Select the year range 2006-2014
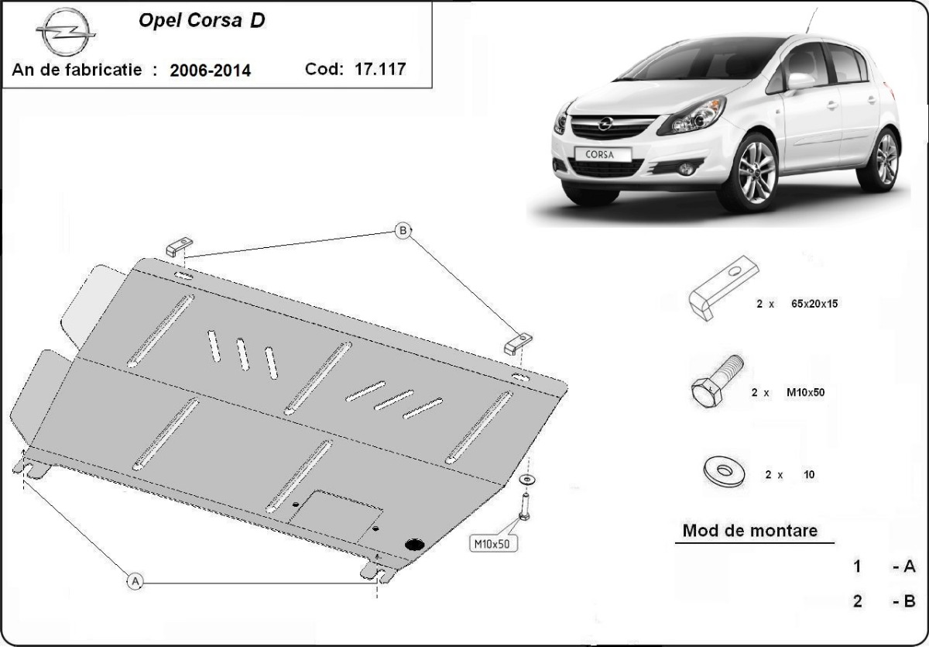point(210,71)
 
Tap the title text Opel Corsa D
point(201,21)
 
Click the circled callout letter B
point(403,230)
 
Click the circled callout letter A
point(135,580)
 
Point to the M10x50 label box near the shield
point(493,543)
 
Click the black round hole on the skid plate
point(415,544)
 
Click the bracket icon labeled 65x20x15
point(723,288)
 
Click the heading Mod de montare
point(749,532)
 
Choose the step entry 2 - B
point(883,601)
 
